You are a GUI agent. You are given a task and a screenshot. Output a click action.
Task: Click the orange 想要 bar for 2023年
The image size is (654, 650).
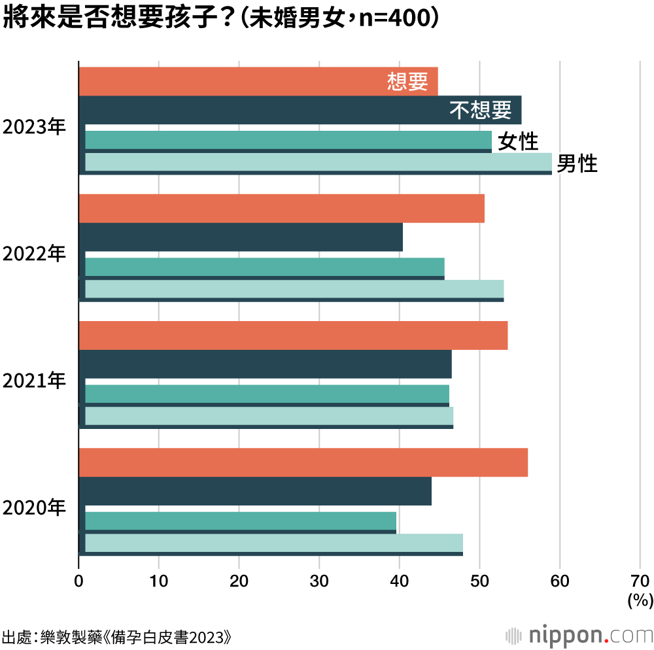[229, 82]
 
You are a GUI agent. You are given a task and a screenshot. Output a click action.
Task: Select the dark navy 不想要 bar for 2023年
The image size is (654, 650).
[262, 110]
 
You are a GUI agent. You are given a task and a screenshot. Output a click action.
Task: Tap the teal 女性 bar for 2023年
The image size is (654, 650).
[288, 140]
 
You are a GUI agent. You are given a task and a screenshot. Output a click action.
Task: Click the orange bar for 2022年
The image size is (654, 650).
[281, 209]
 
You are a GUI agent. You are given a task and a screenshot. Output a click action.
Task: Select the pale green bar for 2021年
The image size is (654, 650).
[269, 416]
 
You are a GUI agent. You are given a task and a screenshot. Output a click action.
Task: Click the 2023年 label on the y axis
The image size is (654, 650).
[35, 127]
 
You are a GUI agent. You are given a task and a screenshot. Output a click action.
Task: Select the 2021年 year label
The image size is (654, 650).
[35, 381]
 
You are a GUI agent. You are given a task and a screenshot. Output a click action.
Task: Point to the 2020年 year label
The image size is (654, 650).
[35, 507]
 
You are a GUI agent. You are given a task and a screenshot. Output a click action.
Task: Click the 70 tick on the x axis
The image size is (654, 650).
[640, 580]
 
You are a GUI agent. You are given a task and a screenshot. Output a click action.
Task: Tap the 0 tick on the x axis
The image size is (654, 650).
[79, 580]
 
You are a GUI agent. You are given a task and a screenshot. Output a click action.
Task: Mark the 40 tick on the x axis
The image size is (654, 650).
[399, 580]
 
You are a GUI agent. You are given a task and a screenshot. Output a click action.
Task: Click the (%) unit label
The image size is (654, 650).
[640, 600]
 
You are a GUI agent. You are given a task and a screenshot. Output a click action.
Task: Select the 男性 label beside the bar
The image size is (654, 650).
[577, 164]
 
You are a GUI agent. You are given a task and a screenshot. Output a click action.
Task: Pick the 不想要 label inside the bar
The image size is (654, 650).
[481, 111]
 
